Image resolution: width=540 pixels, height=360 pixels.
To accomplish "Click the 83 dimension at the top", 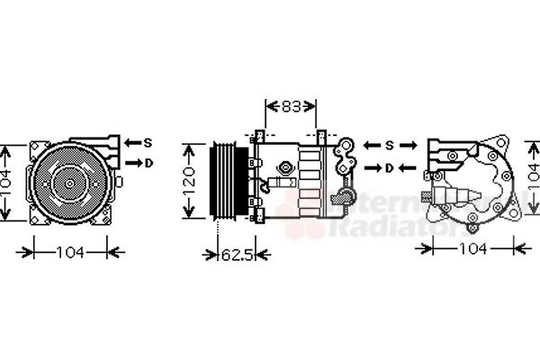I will tap(290, 107).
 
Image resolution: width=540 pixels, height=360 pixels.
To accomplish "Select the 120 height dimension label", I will tap(190, 181).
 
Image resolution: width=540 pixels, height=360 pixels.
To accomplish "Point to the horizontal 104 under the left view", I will tap(70, 253).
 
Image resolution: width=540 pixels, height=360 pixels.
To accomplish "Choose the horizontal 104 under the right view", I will tap(472, 247).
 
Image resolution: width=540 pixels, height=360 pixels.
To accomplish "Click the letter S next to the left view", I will tap(148, 142).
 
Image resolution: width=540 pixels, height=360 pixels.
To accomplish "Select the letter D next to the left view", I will tap(148, 163).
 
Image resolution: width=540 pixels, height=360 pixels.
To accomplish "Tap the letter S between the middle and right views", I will tap(390, 146).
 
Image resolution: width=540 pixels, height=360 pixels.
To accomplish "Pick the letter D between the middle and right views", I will tap(390, 167).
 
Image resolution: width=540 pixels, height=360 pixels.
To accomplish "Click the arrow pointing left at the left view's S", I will tap(131, 142).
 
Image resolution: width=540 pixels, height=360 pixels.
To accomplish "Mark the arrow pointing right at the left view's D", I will tap(131, 163).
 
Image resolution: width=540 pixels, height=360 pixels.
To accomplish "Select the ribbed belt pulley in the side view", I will tap(222, 180).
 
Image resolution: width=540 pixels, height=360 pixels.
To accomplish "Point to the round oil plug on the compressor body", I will tap(286, 168).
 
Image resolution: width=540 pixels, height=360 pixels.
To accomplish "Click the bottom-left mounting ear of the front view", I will tap(37, 217).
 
